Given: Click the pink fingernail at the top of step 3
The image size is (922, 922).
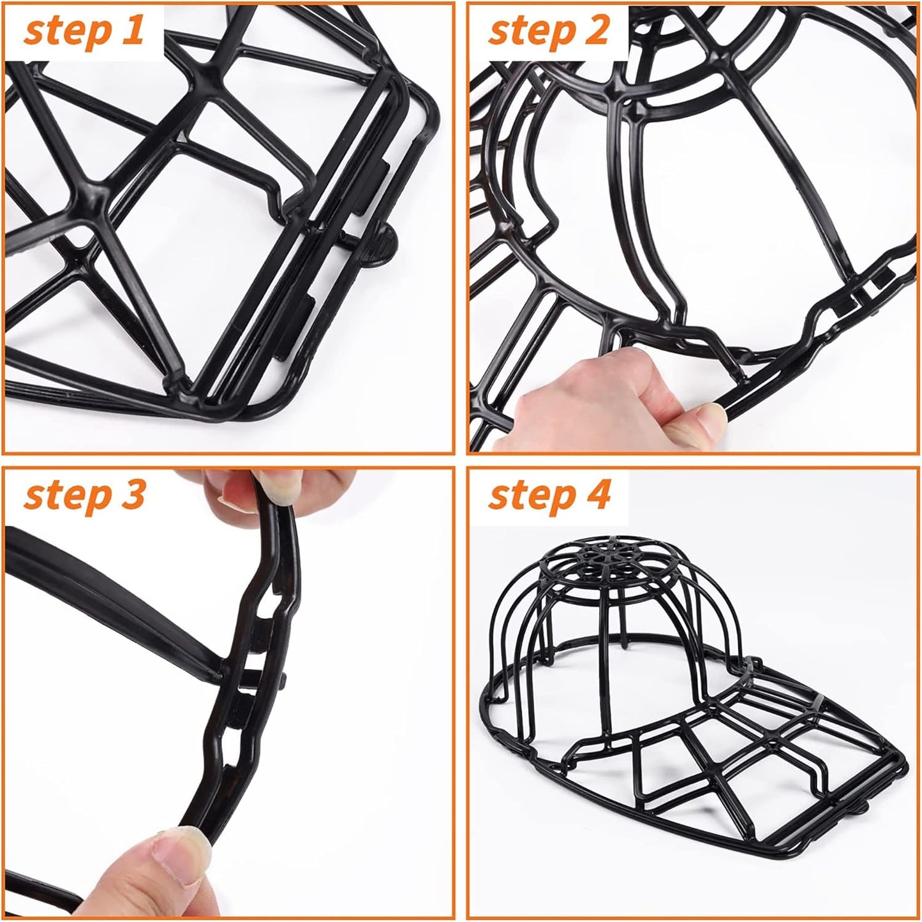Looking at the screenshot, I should (x=237, y=491).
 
